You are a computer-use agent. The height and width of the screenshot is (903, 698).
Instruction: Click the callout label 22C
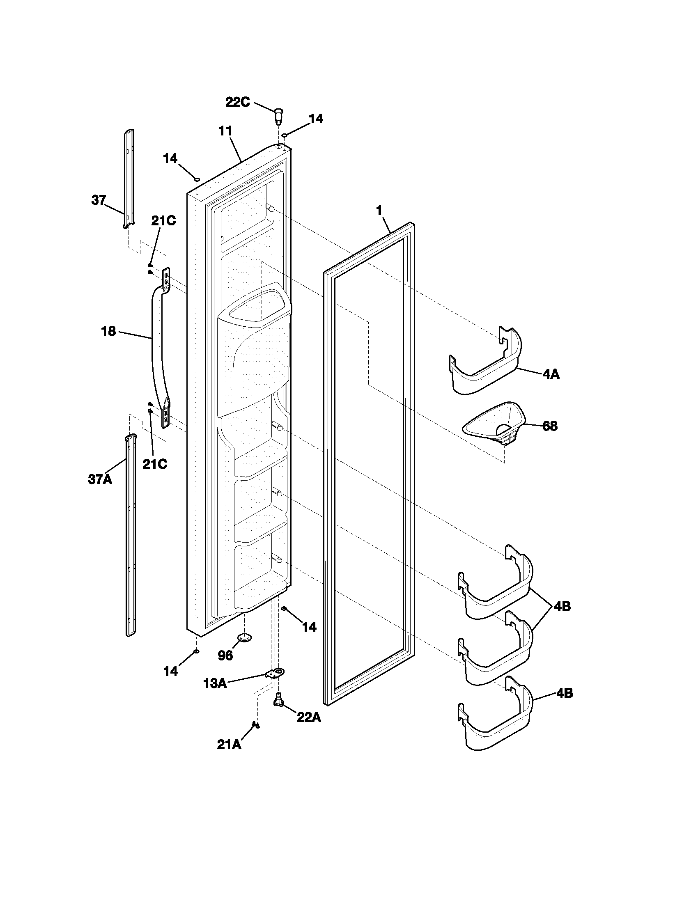point(237,102)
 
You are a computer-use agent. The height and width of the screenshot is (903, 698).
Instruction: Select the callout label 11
point(225,131)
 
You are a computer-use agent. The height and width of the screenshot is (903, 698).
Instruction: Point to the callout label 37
point(99,201)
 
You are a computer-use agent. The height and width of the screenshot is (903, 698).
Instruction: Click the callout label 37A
point(100,479)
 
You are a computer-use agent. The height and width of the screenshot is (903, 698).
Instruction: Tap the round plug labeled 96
point(245,637)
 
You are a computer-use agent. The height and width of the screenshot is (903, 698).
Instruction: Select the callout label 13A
point(215,683)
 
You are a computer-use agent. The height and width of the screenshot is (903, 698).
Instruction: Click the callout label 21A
point(229,744)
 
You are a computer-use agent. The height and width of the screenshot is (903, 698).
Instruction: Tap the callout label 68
point(549,426)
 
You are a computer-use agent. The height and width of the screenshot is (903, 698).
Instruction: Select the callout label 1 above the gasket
point(379,211)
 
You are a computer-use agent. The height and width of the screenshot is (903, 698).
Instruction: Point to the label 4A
point(551,374)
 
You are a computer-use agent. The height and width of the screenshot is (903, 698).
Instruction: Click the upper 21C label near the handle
point(163,221)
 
